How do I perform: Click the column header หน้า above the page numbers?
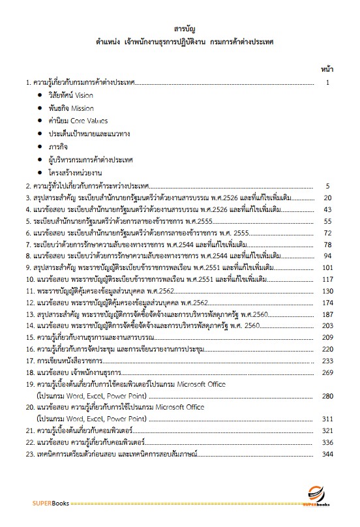click(328, 68)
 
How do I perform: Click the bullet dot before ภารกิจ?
click(40, 147)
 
